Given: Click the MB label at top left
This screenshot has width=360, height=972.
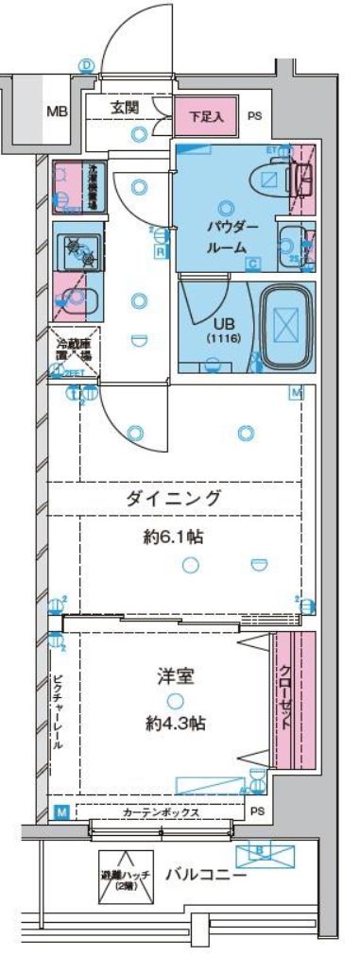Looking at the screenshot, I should click(x=56, y=111).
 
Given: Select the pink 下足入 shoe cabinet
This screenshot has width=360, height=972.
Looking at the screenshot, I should click(x=200, y=117).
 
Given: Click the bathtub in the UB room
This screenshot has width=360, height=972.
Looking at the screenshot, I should click(x=287, y=326).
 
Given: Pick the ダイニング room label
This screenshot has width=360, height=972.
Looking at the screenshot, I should click(x=175, y=498).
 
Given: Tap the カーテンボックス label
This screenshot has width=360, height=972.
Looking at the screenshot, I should click(x=161, y=811).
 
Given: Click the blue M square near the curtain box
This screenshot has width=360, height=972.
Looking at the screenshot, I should click(x=60, y=811).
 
